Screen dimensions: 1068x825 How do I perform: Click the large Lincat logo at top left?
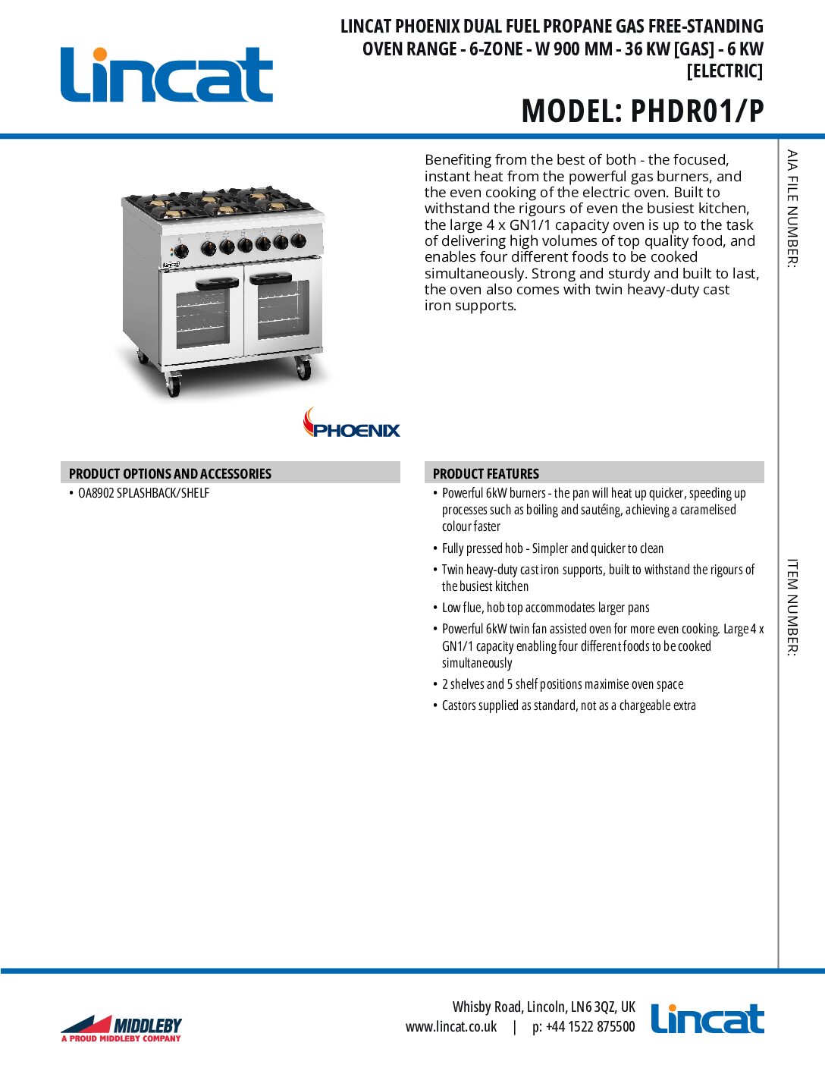pyautogui.click(x=166, y=74)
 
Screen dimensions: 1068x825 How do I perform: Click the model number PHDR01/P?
pyautogui.click(x=696, y=112)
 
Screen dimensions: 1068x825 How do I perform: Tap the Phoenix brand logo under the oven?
pyautogui.click(x=351, y=424)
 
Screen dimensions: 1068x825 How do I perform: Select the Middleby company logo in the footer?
pyautogui.click(x=121, y=1028)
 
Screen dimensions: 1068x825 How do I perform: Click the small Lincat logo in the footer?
pyautogui.click(x=707, y=1019)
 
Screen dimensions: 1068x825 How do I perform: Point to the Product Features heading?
pyautogui.click(x=485, y=473)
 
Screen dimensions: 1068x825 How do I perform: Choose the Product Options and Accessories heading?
pyautogui.click(x=170, y=473)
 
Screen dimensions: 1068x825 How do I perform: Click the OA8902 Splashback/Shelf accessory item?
pyautogui.click(x=143, y=493)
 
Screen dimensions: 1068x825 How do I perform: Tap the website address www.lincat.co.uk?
pyautogui.click(x=451, y=1026)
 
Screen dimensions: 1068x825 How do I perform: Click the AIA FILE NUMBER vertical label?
pyautogui.click(x=792, y=209)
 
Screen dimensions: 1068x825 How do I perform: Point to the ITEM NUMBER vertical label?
pyautogui.click(x=792, y=607)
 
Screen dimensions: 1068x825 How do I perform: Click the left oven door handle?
pyautogui.click(x=217, y=284)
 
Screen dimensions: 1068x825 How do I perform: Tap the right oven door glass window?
pyautogui.click(x=284, y=310)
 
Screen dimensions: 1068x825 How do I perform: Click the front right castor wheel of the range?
pyautogui.click(x=303, y=370)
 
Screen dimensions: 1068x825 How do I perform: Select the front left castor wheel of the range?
pyautogui.click(x=173, y=387)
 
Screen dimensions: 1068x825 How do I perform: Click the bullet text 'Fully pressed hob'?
pyautogui.click(x=552, y=548)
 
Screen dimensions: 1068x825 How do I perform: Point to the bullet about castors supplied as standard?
pyautogui.click(x=569, y=705)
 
